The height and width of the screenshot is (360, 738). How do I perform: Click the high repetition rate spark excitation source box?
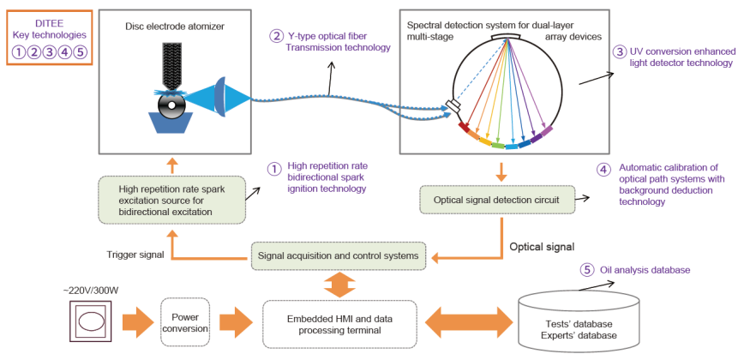tap(171, 198)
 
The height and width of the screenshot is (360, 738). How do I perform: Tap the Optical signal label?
tap(542, 247)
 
